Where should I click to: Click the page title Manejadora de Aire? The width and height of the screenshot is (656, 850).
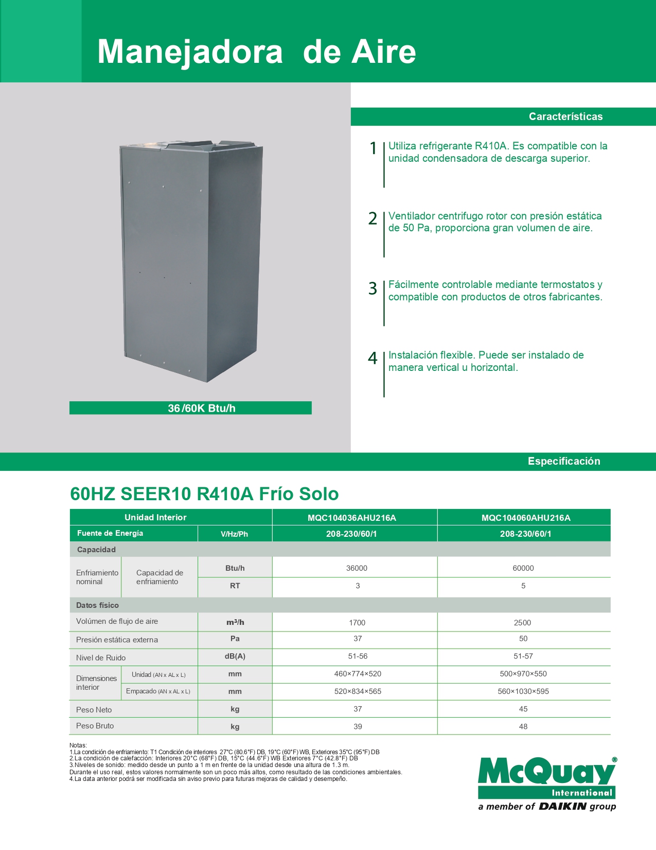coord(256,52)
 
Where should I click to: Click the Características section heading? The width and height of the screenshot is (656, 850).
coord(565,116)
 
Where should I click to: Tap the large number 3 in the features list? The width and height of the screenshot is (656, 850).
coord(373,288)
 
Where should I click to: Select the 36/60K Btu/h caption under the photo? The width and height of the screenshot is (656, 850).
coord(201,408)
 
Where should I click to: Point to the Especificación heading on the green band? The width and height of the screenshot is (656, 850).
coord(564,461)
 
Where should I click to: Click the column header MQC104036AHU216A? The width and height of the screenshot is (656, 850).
coord(352,518)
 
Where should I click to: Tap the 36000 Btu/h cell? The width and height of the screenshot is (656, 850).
coord(357,568)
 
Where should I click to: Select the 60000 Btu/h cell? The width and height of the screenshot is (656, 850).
coord(523,568)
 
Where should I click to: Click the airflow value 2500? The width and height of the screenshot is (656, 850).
coord(522,623)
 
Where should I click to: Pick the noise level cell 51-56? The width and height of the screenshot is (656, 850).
coord(358,656)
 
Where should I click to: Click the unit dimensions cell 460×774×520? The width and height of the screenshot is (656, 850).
coord(358,674)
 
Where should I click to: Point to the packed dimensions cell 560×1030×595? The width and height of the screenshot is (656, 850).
coord(523,691)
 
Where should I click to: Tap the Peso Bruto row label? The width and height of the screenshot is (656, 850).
coord(95,726)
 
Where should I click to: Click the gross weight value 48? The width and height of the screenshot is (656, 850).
coord(523,726)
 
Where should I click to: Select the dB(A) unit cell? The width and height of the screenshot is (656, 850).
coord(235,656)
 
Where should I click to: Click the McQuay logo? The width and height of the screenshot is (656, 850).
coord(547,777)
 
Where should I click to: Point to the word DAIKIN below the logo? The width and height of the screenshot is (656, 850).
coord(562,807)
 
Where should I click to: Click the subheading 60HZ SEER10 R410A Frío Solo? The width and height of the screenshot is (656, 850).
coord(204,494)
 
